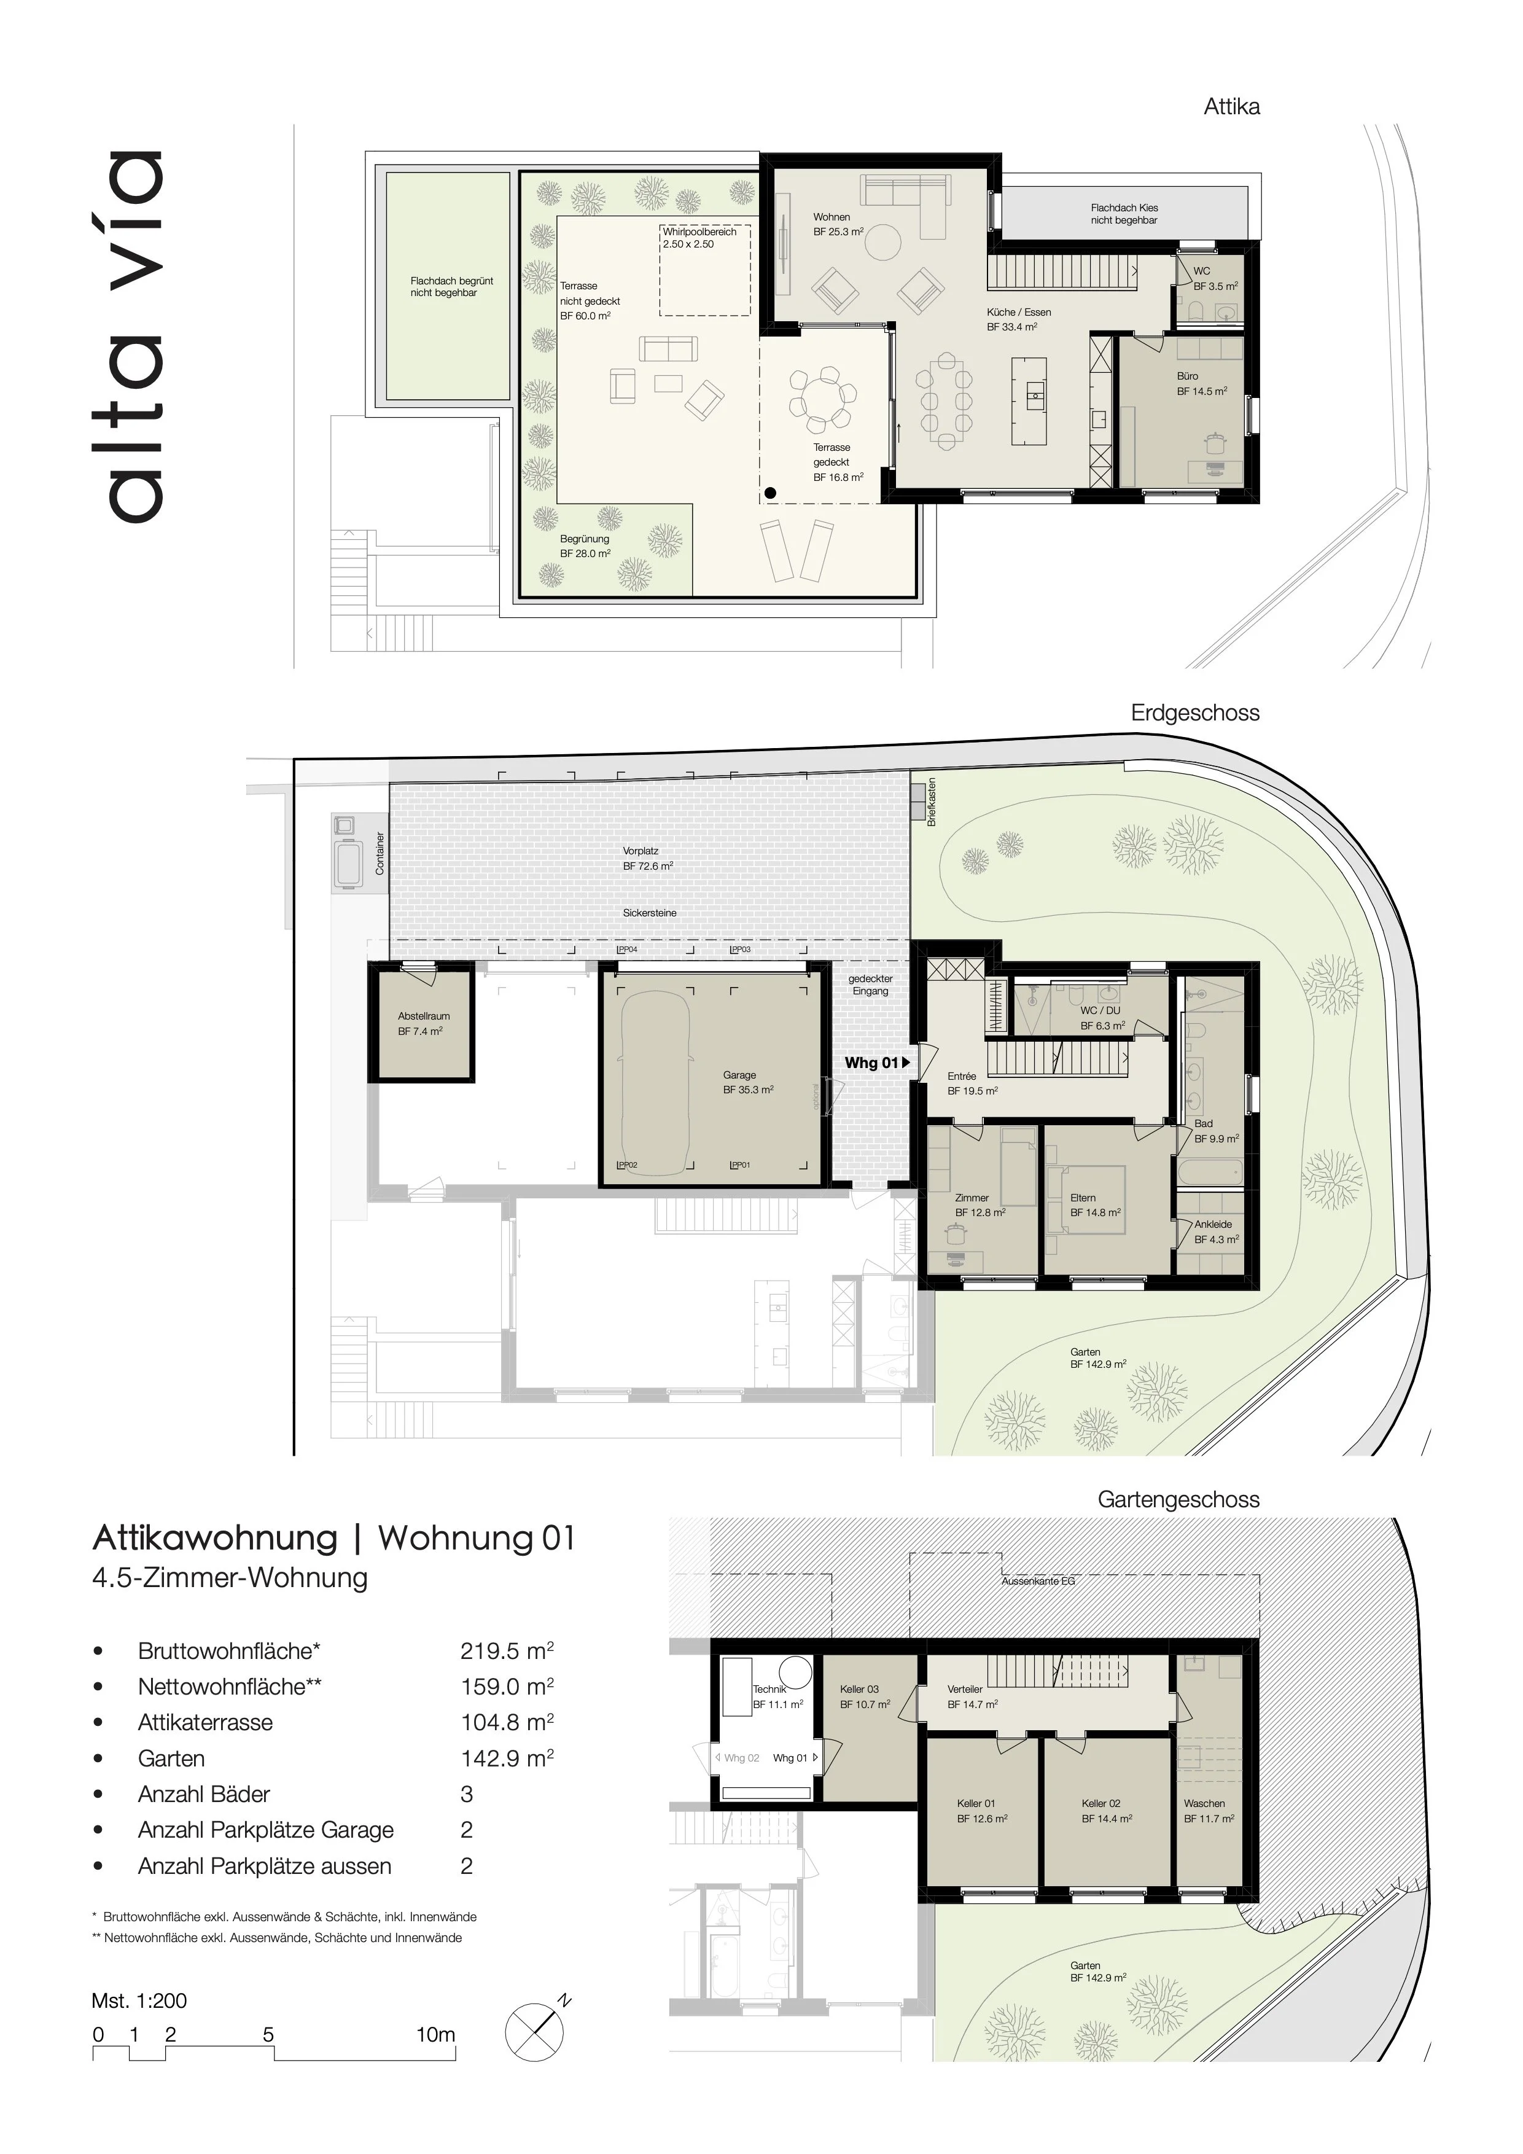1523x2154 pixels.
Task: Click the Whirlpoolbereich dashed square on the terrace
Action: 704,271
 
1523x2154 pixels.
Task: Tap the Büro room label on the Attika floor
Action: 1187,377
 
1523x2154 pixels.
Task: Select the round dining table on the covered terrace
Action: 822,397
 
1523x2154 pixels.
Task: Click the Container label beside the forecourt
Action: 380,854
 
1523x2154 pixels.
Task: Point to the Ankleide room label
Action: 1213,1224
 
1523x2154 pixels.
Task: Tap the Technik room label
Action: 769,1688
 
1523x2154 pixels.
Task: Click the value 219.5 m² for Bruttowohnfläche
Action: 507,1651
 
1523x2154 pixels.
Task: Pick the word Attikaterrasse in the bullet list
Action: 205,1722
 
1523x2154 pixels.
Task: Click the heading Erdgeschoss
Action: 1195,713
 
